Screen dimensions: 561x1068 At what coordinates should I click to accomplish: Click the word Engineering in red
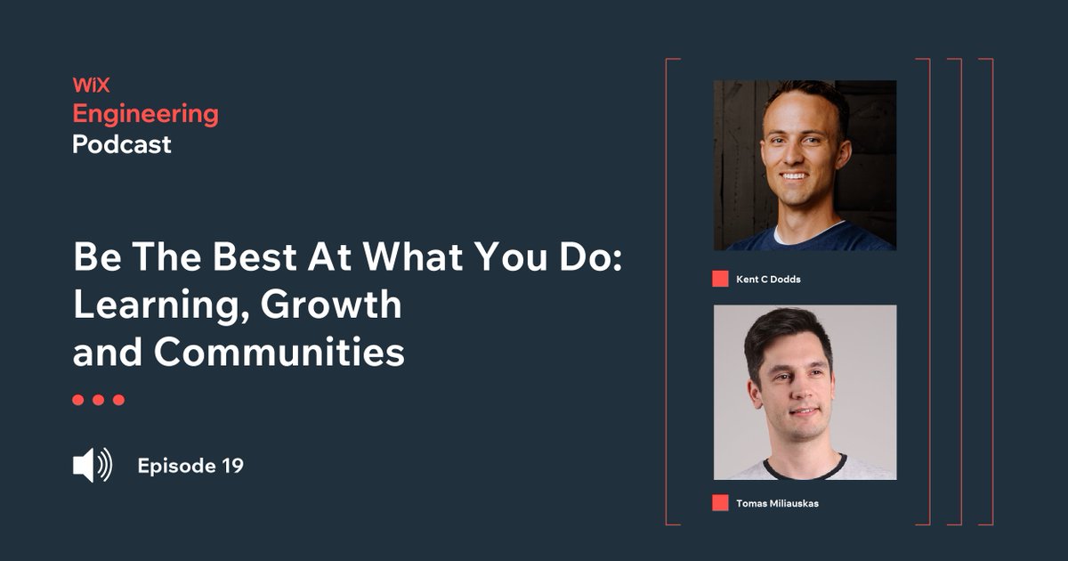point(145,114)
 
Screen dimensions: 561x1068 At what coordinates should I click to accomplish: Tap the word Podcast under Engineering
point(122,143)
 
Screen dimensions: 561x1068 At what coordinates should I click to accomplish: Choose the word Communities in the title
point(279,353)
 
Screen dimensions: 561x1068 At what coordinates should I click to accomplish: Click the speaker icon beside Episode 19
point(92,466)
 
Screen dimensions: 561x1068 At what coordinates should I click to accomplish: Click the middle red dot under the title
point(98,400)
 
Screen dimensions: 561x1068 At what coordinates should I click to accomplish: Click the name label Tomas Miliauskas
point(777,503)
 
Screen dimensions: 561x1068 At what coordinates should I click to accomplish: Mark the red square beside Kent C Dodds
point(720,279)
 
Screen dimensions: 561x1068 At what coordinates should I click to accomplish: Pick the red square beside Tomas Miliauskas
point(720,503)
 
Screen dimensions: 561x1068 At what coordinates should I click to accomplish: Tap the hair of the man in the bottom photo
point(788,328)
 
